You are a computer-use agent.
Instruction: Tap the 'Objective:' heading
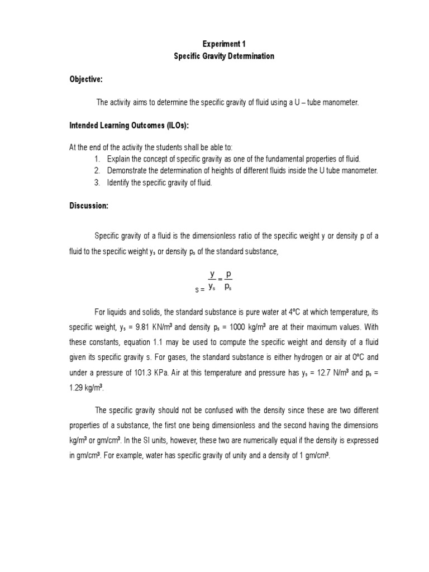click(x=85, y=80)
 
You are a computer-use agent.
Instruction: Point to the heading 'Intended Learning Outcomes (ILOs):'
click(x=133, y=125)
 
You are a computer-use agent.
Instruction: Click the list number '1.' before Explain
click(x=97, y=159)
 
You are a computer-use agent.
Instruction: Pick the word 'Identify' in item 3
click(x=120, y=183)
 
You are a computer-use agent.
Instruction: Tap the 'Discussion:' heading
click(x=88, y=206)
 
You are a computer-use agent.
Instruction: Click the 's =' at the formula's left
click(x=199, y=289)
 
